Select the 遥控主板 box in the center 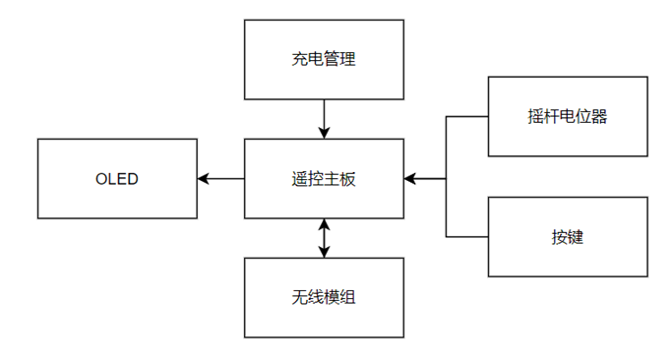tap(323, 179)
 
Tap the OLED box tap(116, 179)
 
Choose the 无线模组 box tap(323, 297)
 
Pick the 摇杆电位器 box tap(568, 117)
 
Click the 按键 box tap(568, 237)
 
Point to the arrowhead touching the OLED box tap(204, 179)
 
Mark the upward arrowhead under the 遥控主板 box tap(324, 225)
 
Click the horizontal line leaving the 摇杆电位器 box tap(467, 117)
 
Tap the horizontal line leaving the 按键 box tap(467, 237)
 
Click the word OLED tap(116, 179)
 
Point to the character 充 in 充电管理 tap(299, 59)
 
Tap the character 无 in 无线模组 tap(299, 297)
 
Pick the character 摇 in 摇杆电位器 tap(536, 117)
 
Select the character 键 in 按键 tap(576, 237)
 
